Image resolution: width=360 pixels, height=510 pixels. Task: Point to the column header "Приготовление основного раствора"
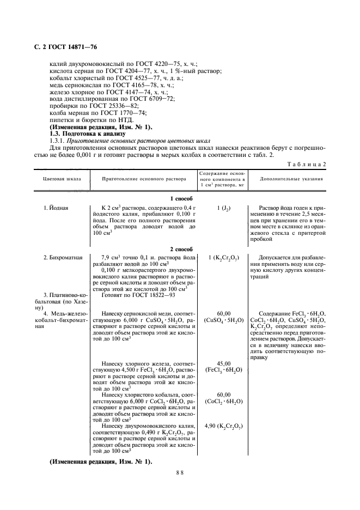pos(144,179)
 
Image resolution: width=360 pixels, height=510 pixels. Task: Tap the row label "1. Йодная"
pos(56,208)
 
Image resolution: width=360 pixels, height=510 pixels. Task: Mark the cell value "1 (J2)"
pos(223,208)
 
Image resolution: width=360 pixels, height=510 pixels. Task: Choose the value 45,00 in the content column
pos(223,363)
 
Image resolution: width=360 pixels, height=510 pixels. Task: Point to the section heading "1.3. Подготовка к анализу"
pos(87,134)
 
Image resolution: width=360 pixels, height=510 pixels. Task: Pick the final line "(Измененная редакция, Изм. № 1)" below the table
pos(101,462)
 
